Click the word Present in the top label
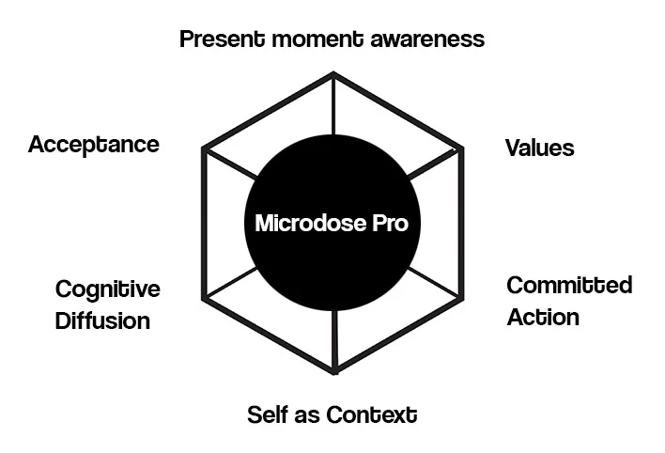pyautogui.click(x=223, y=39)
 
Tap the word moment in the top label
pyautogui.click(x=317, y=39)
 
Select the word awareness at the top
pyautogui.click(x=427, y=39)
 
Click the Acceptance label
pyautogui.click(x=94, y=145)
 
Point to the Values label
pyautogui.click(x=539, y=148)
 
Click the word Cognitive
pyautogui.click(x=108, y=290)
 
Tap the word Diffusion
pyautogui.click(x=102, y=320)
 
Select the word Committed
pyautogui.click(x=569, y=285)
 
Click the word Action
pyautogui.click(x=543, y=317)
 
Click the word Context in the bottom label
pyautogui.click(x=372, y=414)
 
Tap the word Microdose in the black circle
pyautogui.click(x=311, y=223)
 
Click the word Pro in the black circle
pyautogui.click(x=390, y=223)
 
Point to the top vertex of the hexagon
pyautogui.click(x=333, y=73)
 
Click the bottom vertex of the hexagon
pyautogui.click(x=334, y=372)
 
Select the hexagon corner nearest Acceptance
pyautogui.click(x=204, y=149)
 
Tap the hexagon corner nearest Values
pyautogui.click(x=462, y=148)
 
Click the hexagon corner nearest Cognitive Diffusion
pyautogui.click(x=204, y=299)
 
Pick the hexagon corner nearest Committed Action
pyautogui.click(x=462, y=298)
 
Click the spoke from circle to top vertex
pyautogui.click(x=333, y=104)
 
